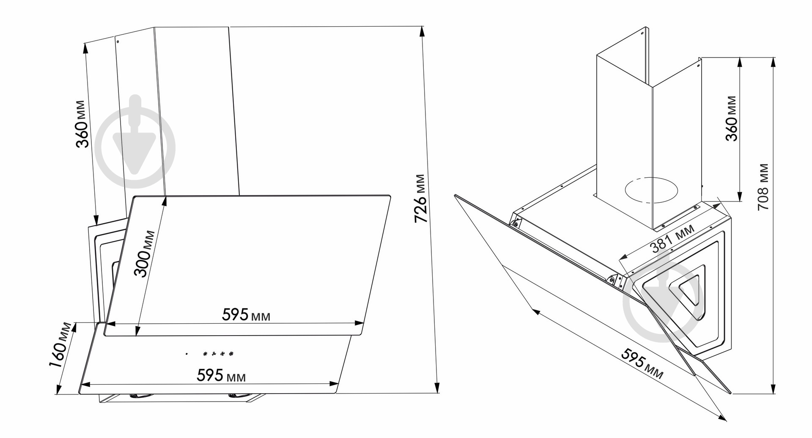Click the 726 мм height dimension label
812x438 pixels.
coord(420,198)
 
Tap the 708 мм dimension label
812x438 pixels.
coord(763,187)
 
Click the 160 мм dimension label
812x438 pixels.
coord(60,346)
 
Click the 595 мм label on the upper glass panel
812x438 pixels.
coord(246,314)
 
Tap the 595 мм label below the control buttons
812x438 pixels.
coord(221,375)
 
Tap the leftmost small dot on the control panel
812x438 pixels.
coord(186,353)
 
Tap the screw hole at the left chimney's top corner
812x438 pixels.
coord(118,41)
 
